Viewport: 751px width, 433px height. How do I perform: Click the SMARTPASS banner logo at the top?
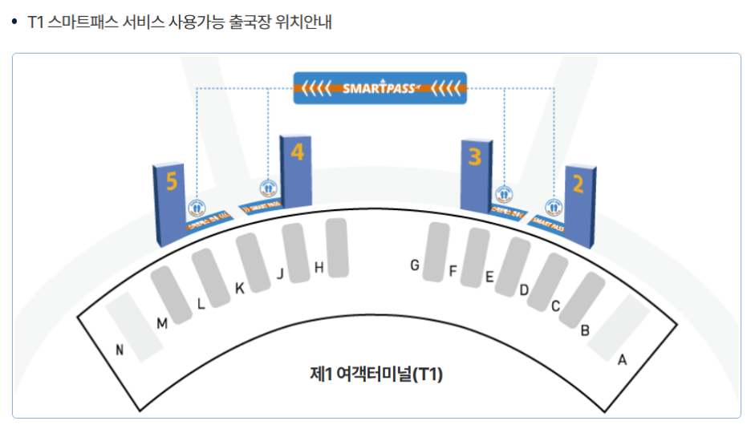tap(380, 88)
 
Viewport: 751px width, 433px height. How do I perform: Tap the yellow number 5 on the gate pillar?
tap(171, 183)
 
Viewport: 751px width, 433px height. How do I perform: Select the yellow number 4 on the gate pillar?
tap(298, 151)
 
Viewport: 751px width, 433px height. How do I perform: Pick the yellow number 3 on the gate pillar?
tap(474, 156)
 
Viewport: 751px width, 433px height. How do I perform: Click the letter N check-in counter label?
tap(120, 349)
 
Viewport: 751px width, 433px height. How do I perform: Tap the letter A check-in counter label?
tap(621, 360)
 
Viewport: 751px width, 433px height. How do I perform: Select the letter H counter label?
tap(319, 268)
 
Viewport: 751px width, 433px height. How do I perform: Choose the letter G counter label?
tap(415, 265)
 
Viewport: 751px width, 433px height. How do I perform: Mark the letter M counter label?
tap(162, 323)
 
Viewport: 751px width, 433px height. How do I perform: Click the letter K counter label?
tap(239, 288)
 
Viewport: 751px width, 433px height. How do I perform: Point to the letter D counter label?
tap(523, 289)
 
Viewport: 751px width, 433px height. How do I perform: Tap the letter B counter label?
tap(585, 330)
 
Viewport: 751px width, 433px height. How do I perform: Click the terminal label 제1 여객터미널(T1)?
tap(376, 374)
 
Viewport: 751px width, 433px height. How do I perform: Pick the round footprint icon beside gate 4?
tap(268, 189)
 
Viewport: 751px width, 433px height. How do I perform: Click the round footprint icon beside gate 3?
tap(504, 194)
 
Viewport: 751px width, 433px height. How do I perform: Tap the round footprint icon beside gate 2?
tap(554, 208)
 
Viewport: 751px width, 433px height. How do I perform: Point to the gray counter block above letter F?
tap(473, 257)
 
